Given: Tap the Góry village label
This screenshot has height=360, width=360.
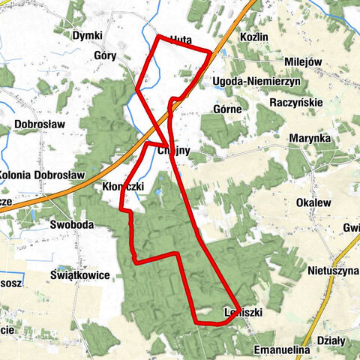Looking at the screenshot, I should (x=107, y=55).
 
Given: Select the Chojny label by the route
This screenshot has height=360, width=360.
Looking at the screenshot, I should (x=176, y=151).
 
